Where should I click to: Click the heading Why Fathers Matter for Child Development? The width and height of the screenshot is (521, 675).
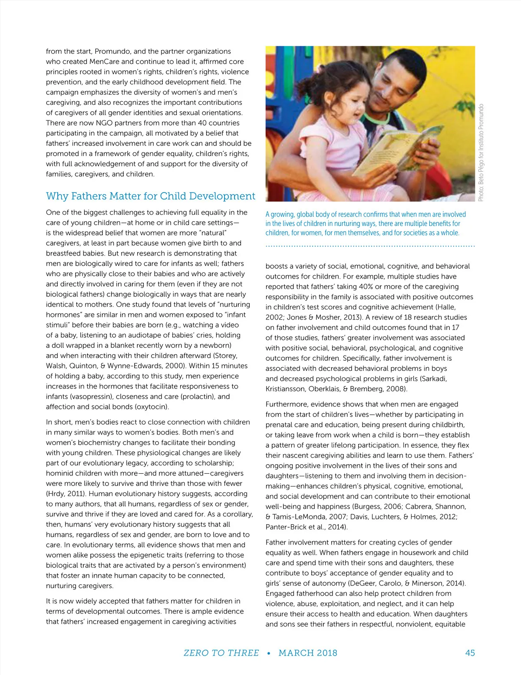point(150,196)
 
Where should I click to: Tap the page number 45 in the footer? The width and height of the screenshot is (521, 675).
point(470,653)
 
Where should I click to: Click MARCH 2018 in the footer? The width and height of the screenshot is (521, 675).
point(308,653)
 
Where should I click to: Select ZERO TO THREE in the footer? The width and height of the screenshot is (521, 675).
point(221,653)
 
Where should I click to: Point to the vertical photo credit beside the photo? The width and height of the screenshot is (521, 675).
point(481,152)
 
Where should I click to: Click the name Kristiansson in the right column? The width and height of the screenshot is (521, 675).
point(286,389)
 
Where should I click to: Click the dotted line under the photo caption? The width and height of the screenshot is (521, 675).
point(370,246)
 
